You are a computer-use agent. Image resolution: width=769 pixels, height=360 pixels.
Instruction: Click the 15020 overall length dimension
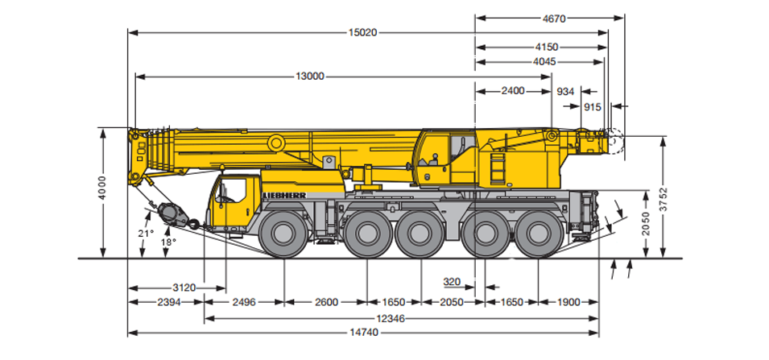pyautogui.click(x=362, y=33)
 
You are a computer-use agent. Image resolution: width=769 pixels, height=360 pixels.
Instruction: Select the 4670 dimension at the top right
pyautogui.click(x=554, y=19)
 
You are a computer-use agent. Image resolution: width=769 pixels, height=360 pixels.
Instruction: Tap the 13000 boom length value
pyautogui.click(x=309, y=76)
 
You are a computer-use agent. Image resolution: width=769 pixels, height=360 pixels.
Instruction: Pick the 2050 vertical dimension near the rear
pyautogui.click(x=646, y=224)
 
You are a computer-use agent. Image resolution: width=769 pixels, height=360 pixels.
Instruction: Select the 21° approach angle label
pyautogui.click(x=145, y=233)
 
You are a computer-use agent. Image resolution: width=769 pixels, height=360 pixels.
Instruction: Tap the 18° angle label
pyautogui.click(x=169, y=242)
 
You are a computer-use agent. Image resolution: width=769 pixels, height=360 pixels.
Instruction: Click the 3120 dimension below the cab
pyautogui.click(x=184, y=288)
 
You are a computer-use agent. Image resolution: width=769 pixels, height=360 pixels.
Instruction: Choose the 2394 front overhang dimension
pyautogui.click(x=169, y=302)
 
